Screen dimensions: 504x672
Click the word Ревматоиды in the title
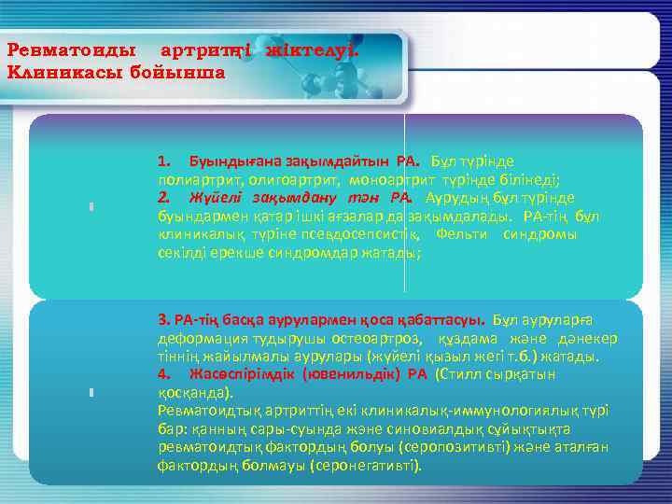[70, 49]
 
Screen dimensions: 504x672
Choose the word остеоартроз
[358, 339]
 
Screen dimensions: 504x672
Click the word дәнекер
[588, 339]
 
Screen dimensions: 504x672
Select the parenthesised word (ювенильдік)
[351, 374]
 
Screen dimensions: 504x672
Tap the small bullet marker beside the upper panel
[91, 207]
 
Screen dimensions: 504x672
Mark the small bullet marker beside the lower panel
[91, 393]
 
